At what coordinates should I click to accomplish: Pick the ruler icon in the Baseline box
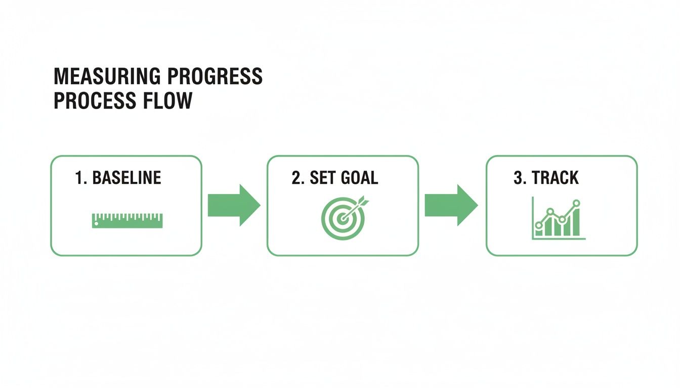pyautogui.click(x=127, y=220)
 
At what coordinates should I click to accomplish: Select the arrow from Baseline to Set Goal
pyautogui.click(x=234, y=205)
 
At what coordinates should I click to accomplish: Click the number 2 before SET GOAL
pyautogui.click(x=296, y=178)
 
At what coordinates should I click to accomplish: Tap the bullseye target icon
pyautogui.click(x=343, y=219)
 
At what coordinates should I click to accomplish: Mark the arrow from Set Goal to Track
pyautogui.click(x=450, y=205)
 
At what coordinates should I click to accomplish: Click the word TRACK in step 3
pyautogui.click(x=555, y=178)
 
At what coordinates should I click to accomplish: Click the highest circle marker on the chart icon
pyautogui.click(x=576, y=203)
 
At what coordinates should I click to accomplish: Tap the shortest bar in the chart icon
pyautogui.click(x=539, y=230)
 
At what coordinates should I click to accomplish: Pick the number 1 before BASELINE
pyautogui.click(x=78, y=178)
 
